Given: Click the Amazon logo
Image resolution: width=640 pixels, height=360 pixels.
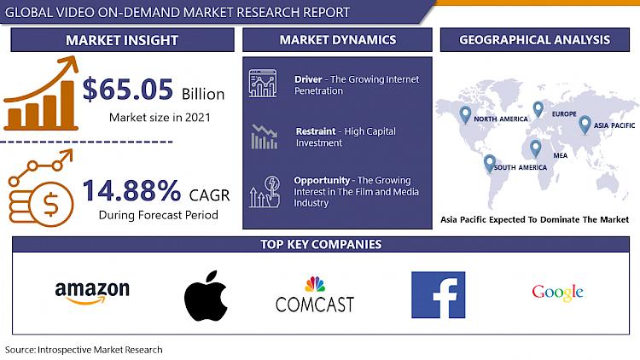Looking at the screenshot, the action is point(92,293).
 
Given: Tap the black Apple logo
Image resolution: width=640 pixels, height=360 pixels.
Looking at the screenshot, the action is point(206,295).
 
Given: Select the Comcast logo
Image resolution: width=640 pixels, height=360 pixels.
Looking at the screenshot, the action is point(315,294).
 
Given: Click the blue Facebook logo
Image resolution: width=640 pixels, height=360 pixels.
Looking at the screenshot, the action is point(438,294).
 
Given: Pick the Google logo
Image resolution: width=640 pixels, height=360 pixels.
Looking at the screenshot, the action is point(557,293).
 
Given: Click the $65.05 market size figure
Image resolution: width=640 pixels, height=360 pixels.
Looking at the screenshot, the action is point(128,90).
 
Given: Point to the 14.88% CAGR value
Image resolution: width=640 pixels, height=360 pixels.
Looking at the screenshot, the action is point(131,190).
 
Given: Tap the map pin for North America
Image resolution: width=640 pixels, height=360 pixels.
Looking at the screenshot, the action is point(465,115).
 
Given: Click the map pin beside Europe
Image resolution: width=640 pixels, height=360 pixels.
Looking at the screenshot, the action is point(538,110).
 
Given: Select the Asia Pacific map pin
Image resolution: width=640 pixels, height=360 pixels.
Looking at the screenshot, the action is point(585,125).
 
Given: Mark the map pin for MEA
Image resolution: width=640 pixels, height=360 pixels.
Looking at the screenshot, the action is point(535,148).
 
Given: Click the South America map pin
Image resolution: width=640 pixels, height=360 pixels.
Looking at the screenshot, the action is point(490,163).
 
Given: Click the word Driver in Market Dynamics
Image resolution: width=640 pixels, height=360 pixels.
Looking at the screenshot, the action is point(308,79).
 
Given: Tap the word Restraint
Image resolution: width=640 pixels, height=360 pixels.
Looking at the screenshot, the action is point(316,131).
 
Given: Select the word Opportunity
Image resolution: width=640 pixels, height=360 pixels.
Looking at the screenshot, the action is point(322,180).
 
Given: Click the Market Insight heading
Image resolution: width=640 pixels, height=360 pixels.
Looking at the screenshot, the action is point(122,40).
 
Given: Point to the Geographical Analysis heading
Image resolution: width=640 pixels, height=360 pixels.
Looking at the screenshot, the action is point(535,39).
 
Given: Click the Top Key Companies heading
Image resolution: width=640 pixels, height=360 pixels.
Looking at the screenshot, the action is point(321,244).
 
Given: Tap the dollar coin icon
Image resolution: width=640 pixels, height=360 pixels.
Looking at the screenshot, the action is point(51,204).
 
